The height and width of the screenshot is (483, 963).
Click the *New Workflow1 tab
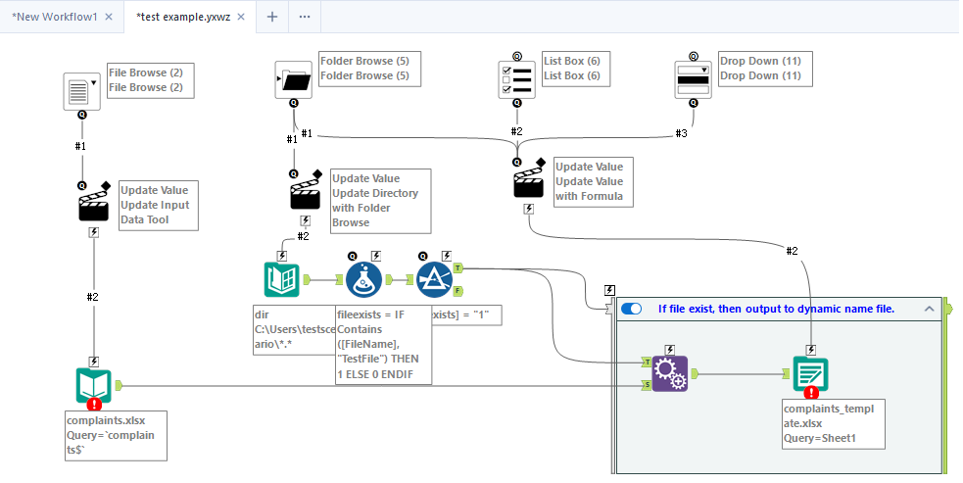point(54,17)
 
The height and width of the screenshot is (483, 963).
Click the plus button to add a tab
point(272,17)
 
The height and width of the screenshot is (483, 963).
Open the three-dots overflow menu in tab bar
point(305,17)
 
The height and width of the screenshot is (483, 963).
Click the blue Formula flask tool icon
point(363,280)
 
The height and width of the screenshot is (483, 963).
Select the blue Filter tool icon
point(434,280)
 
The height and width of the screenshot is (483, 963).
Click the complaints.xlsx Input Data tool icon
point(94,386)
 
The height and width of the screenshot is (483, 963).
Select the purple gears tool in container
point(669,373)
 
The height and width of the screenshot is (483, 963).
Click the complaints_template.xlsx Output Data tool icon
point(810,373)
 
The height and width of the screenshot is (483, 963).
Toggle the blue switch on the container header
point(632,309)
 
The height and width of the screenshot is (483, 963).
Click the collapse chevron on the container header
point(929,309)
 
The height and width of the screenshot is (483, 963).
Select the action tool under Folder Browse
point(306,192)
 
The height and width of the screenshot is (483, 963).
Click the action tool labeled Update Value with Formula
point(529,180)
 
